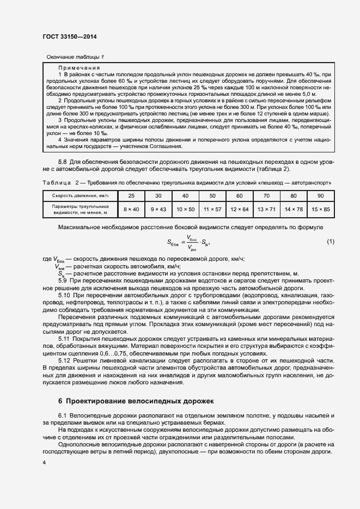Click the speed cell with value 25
pos(131,195)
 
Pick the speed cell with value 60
pos(239,195)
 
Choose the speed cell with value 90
pos(320,195)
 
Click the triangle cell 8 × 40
pos(131,209)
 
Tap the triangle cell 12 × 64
pos(239,209)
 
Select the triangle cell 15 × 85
pos(320,209)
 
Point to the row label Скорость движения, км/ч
pos(77,195)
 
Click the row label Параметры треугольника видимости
pos(77,209)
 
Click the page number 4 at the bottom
pos(44,463)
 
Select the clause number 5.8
pos(63,162)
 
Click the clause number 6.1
pos(63,416)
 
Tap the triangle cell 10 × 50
pos(185,209)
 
